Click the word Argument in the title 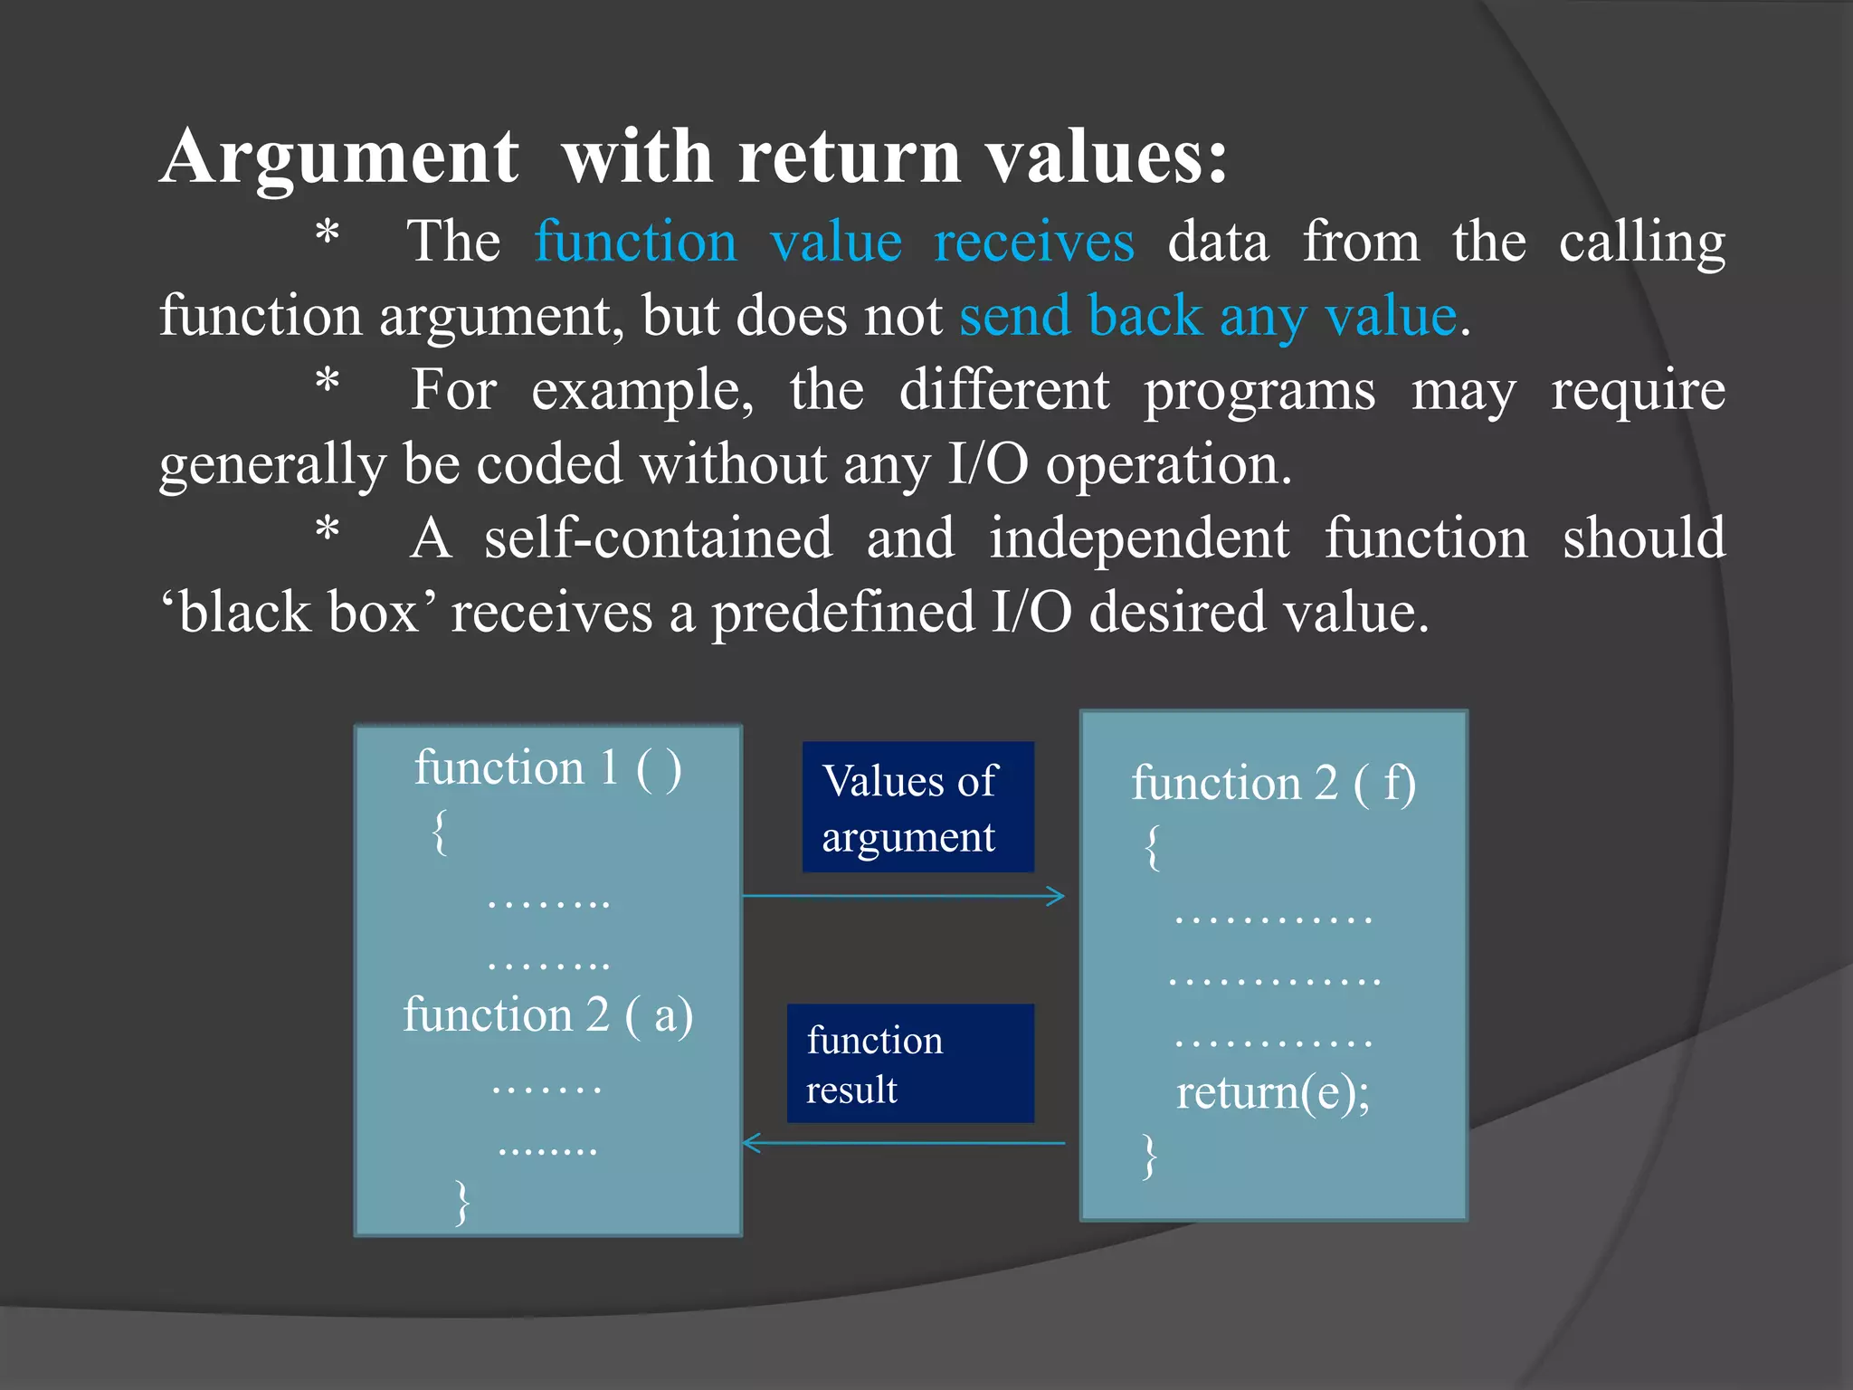(340, 157)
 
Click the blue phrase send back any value (1208, 317)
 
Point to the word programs (1259, 391)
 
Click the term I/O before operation (987, 464)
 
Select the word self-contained (658, 538)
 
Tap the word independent (1139, 538)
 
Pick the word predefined (843, 613)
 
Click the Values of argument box (917, 807)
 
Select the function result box (909, 1063)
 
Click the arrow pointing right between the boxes (905, 896)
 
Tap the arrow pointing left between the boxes (905, 1143)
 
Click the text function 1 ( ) (547, 768)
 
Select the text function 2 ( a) (547, 1014)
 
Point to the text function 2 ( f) (1273, 783)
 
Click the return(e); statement (1272, 1092)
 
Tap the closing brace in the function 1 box (462, 1202)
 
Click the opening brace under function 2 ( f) (1152, 847)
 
